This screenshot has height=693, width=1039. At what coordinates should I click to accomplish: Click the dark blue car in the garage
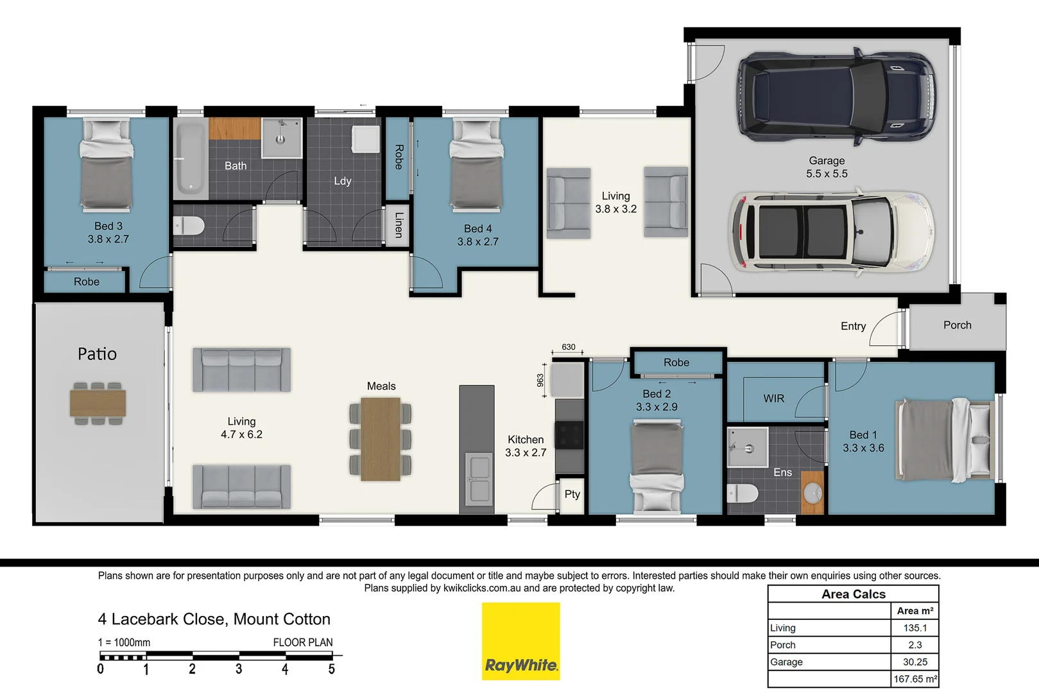coord(836,96)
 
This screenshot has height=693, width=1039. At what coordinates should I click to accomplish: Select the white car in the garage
coord(831,232)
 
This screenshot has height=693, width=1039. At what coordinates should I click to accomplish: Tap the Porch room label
coord(957,325)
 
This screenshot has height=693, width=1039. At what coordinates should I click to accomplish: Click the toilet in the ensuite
coord(743,493)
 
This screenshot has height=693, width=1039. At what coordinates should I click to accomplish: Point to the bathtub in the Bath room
coord(190,158)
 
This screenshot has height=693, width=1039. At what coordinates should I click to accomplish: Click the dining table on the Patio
coord(98,404)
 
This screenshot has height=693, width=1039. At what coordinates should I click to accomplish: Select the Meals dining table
coord(381,439)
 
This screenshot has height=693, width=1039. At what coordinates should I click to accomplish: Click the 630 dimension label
coord(569,347)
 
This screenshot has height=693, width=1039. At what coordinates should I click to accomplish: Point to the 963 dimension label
coord(540,381)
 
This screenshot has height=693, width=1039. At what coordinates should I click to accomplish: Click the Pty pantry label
coord(572,494)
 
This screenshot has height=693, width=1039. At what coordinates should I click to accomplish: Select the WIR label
coord(773,398)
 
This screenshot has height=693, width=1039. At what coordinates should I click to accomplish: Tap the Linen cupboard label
coord(399,225)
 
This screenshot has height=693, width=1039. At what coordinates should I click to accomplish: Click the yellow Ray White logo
coord(521,641)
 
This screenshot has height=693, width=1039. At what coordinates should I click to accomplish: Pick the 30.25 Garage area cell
coord(914,662)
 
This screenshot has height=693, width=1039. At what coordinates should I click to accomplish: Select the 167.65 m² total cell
coord(914,679)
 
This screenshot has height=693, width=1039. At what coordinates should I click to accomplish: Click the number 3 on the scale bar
coord(239,669)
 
